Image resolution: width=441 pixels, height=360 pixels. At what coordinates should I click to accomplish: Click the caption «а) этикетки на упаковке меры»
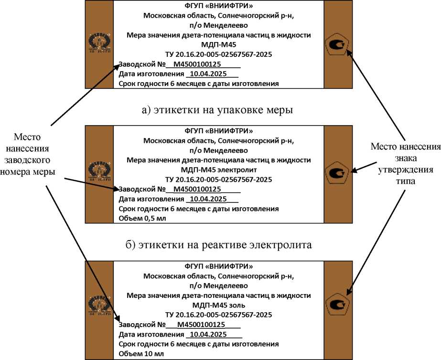(x=217, y=110)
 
